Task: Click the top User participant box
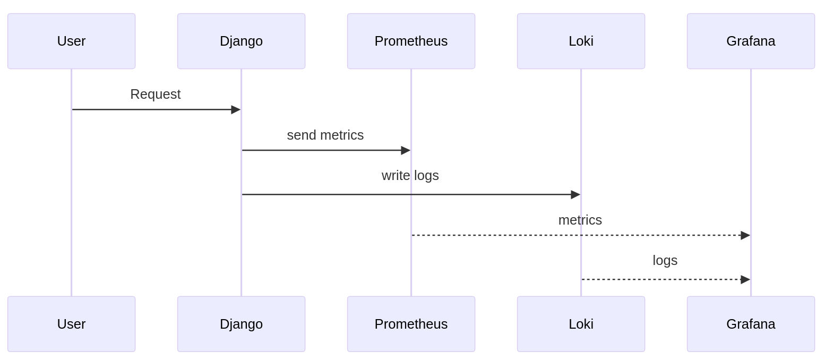tap(71, 41)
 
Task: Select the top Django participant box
tap(241, 41)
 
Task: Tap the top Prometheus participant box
tap(411, 41)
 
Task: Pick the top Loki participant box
tap(581, 41)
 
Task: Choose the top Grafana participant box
tap(751, 41)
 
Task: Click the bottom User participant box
tap(71, 324)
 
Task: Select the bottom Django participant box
tap(241, 324)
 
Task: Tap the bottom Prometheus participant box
tap(411, 324)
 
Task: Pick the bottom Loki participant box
tap(581, 324)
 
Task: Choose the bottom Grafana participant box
tap(751, 324)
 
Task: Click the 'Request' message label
tap(156, 94)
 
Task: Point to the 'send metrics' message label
tap(325, 135)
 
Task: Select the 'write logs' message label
tap(410, 175)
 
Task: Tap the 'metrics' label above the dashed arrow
tap(580, 220)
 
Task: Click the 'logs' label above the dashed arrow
tap(665, 260)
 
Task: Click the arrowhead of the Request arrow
tap(236, 109)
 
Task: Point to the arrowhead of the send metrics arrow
tap(406, 150)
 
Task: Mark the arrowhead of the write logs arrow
tap(575, 194)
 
